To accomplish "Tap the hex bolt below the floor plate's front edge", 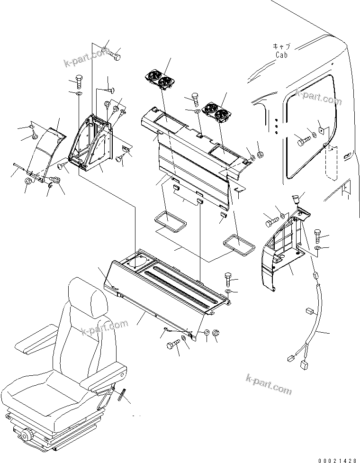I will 173,345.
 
